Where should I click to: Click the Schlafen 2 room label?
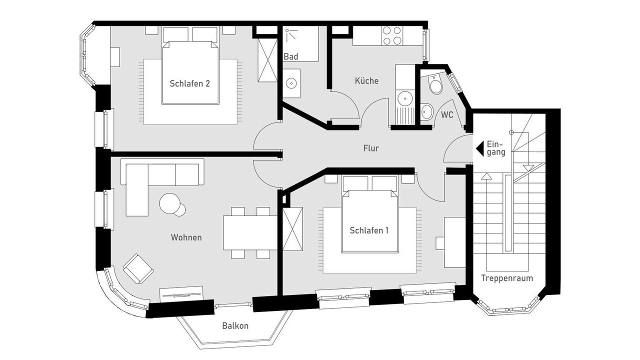[189, 83]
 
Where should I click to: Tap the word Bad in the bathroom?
[291, 56]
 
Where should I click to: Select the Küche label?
[366, 80]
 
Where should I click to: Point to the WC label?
[447, 115]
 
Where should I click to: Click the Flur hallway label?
[371, 148]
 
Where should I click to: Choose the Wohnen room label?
[186, 237]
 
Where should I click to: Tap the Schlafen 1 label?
[369, 230]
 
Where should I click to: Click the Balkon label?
[235, 325]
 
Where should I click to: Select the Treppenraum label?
[507, 278]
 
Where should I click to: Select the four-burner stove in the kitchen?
[391, 35]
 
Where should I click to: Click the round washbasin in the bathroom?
[291, 83]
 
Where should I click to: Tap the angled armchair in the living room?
[138, 268]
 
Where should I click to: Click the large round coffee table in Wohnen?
[169, 203]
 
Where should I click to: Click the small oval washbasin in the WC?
[427, 111]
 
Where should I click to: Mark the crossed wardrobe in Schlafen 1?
[292, 229]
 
